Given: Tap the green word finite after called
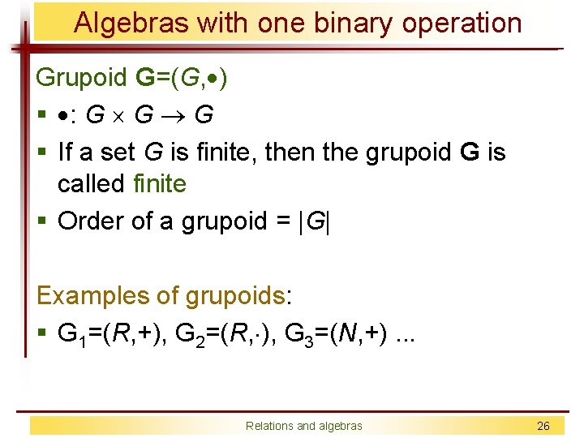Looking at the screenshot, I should point(161,184).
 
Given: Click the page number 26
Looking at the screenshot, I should point(544,426).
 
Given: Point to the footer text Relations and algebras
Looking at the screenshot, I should point(305,426).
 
